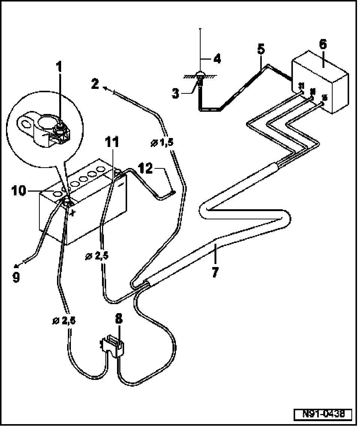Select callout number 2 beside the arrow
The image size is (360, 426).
[95, 84]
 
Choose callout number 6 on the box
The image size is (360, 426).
[322, 44]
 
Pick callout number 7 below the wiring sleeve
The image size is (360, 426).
[215, 271]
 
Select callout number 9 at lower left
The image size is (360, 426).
[16, 278]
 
